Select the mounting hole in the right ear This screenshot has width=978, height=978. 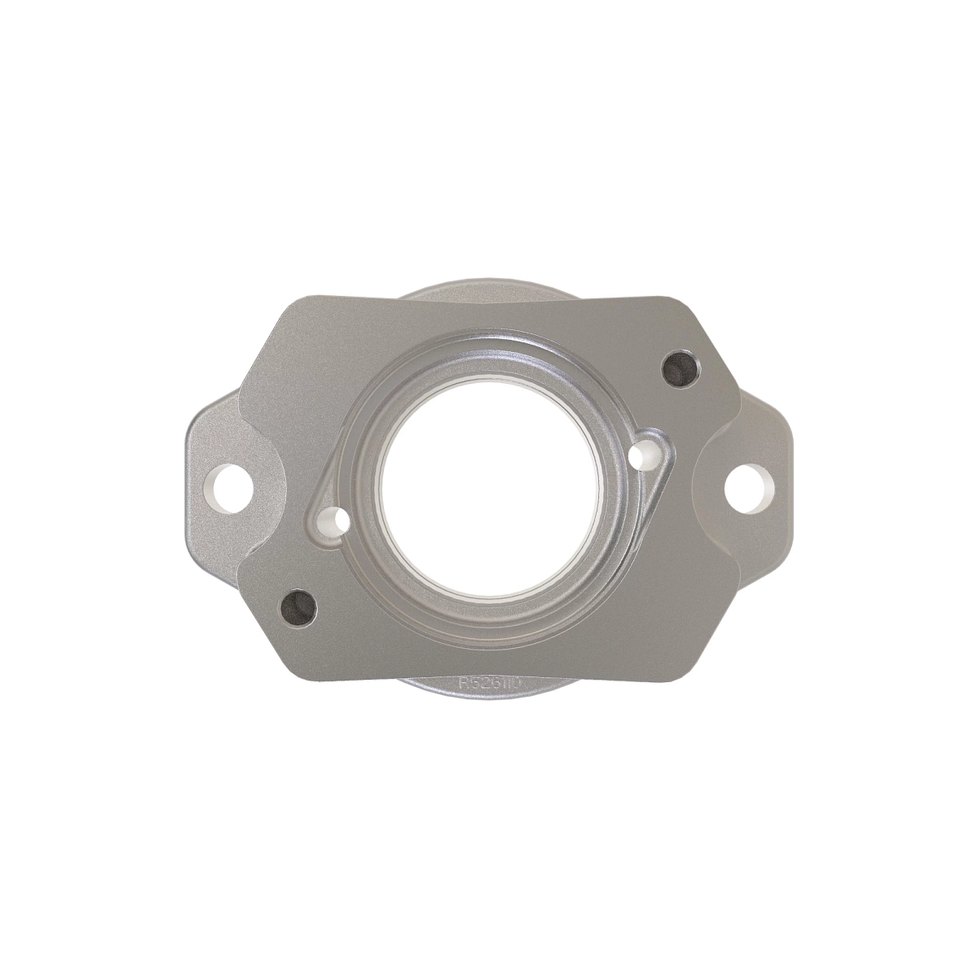pos(748,490)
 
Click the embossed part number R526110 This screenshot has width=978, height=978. pos(488,683)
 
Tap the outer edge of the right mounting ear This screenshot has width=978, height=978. pos(789,489)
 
